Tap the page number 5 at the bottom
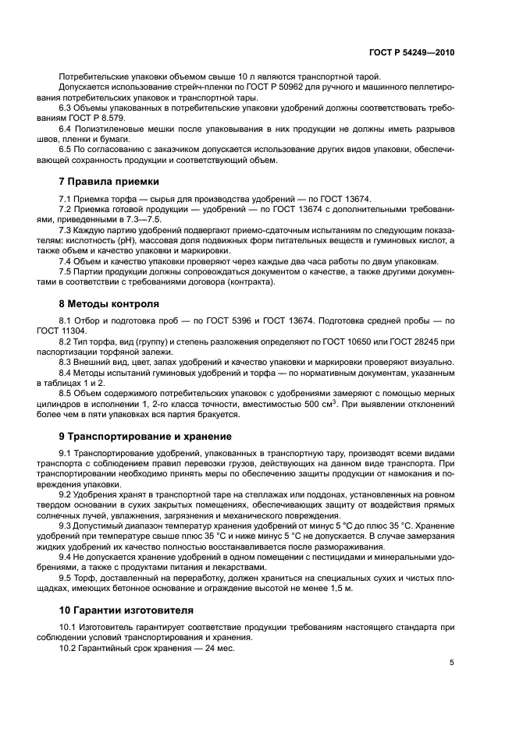452,663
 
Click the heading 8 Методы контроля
109,303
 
